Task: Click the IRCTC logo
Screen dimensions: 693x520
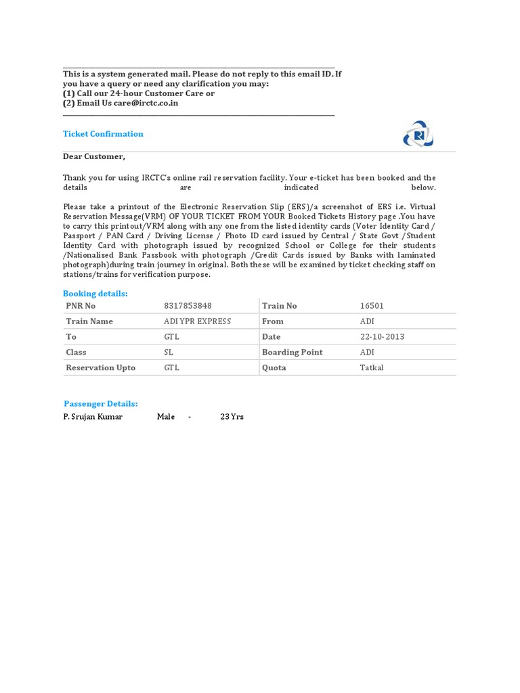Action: [418, 134]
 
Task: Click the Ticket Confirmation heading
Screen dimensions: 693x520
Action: [103, 134]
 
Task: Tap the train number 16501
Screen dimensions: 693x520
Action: [372, 306]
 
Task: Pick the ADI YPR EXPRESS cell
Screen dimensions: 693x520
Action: [197, 321]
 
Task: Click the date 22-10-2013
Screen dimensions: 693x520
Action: [383, 337]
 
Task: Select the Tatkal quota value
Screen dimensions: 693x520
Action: [371, 368]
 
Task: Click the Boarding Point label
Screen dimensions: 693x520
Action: [292, 353]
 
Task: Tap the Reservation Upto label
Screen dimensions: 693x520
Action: [100, 368]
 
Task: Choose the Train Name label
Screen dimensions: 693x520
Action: [89, 321]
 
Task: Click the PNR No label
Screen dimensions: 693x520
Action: [81, 306]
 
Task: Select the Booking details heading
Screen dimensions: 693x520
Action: [95, 294]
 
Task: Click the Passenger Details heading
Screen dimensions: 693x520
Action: [101, 404]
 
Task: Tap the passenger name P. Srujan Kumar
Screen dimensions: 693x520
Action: [93, 417]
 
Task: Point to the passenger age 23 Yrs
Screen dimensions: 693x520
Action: [232, 417]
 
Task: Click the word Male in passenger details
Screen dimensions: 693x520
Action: [166, 417]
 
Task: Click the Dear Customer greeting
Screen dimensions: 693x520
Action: [94, 156]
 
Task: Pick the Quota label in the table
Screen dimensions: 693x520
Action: [274, 368]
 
